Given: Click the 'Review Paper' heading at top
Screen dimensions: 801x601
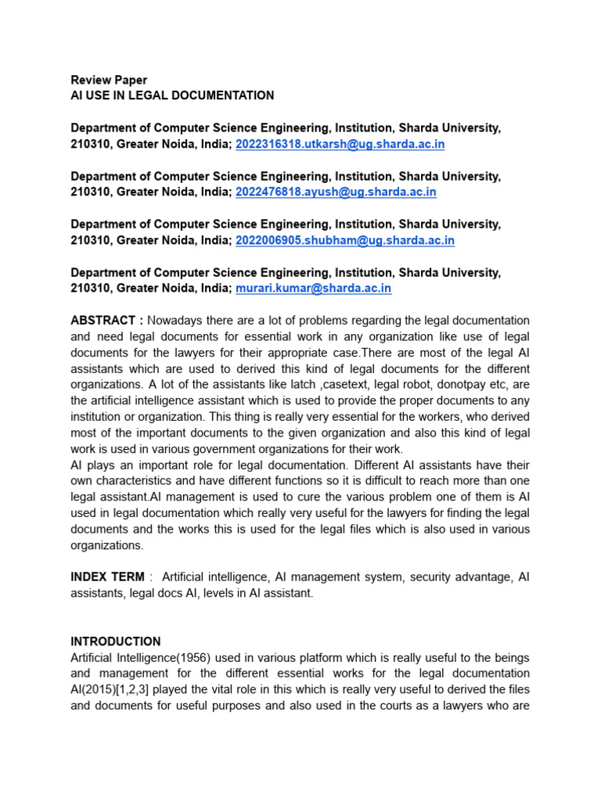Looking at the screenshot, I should point(109,80).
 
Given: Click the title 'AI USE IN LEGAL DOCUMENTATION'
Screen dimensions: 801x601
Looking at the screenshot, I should point(172,95).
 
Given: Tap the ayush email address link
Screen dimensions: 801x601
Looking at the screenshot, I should point(336,192).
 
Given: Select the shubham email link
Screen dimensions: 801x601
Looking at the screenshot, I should point(344,240).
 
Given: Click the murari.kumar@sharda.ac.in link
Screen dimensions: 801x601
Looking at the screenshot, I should point(313,288).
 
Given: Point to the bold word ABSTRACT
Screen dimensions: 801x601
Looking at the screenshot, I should point(103,321).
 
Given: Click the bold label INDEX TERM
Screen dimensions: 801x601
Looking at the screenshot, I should point(107,577).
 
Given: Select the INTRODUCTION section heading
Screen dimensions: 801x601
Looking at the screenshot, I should point(116,641).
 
